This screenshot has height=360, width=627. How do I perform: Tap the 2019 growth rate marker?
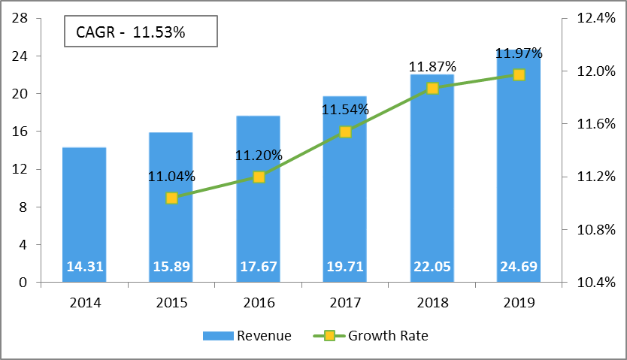[519, 74]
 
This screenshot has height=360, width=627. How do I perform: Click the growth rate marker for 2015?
[171, 198]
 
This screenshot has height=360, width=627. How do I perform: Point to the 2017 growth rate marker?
[345, 132]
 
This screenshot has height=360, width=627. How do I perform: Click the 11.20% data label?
[259, 156]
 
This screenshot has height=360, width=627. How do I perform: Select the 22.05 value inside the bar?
[432, 267]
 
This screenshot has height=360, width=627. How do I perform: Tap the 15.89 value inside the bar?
[171, 267]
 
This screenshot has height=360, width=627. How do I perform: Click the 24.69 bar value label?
[519, 267]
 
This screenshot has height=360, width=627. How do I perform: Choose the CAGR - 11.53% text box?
[141, 32]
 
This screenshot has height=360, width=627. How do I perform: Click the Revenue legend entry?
[247, 336]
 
